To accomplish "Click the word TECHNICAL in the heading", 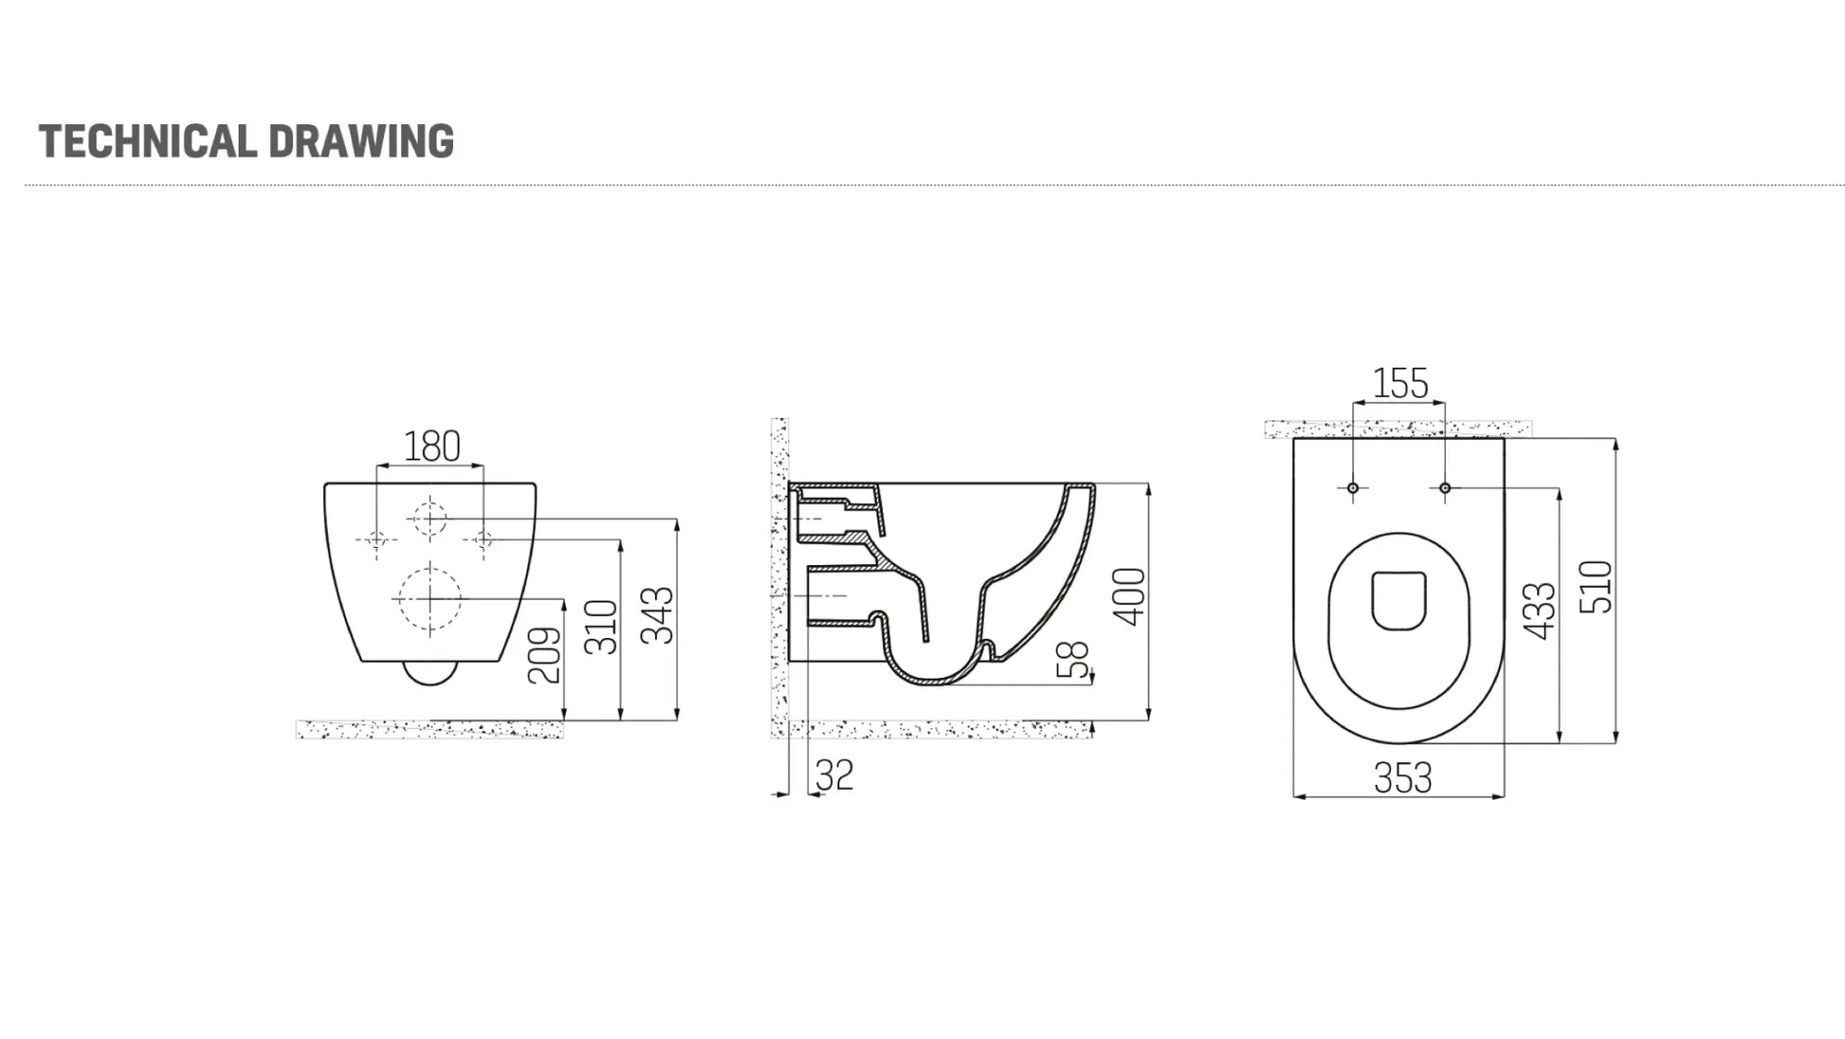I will (147, 141).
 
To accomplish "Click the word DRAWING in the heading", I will (361, 141).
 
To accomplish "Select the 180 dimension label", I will (431, 447).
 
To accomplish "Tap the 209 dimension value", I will (544, 655).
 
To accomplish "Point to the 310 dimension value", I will (601, 627).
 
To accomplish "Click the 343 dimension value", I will (658, 615).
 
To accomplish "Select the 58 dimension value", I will (1073, 660).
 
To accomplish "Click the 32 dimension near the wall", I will (834, 775).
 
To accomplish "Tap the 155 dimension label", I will (1400, 384).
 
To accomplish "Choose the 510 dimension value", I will (1597, 587).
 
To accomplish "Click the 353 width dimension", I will (1402, 779).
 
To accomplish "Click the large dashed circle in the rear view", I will (429, 598).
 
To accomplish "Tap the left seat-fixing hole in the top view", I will (1353, 488).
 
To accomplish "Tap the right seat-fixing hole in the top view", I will (1445, 488).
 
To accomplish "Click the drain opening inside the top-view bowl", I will (1399, 600).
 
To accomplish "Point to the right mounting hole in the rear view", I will (484, 539).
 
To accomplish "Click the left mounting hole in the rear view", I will (376, 539).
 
